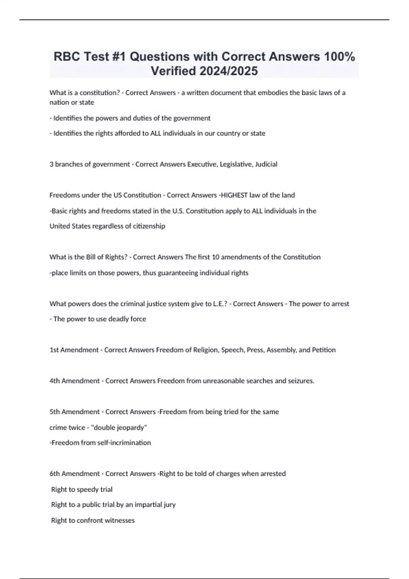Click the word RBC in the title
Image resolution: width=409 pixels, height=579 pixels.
pyautogui.click(x=66, y=57)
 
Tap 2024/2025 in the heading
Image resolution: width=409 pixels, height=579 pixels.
pyautogui.click(x=228, y=71)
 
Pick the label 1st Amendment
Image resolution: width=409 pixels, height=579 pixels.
pyautogui.click(x=74, y=350)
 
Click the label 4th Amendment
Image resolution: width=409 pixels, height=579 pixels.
pyautogui.click(x=75, y=381)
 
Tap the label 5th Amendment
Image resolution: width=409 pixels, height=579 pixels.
pyautogui.click(x=75, y=412)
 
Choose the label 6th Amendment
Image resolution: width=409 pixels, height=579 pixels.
pyautogui.click(x=75, y=474)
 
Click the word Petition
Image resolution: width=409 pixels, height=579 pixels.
pyautogui.click(x=324, y=350)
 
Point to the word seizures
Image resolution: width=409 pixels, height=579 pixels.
pyautogui.click(x=301, y=381)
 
